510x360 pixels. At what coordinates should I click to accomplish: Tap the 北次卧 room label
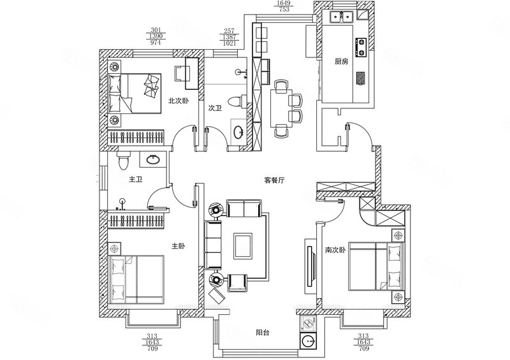[x=178, y=101]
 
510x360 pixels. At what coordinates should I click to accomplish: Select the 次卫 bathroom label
[x=214, y=108]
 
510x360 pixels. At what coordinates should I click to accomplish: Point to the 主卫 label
[x=135, y=180]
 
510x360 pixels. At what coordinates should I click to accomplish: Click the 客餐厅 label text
[x=273, y=180]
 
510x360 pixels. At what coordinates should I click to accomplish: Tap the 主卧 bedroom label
[x=178, y=246]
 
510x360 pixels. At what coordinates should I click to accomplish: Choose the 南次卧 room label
[x=335, y=250]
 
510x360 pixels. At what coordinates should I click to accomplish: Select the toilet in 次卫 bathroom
[x=236, y=101]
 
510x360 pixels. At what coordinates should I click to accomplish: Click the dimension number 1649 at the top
[x=282, y=3]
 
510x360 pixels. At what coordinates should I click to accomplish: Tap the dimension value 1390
[x=155, y=37]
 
